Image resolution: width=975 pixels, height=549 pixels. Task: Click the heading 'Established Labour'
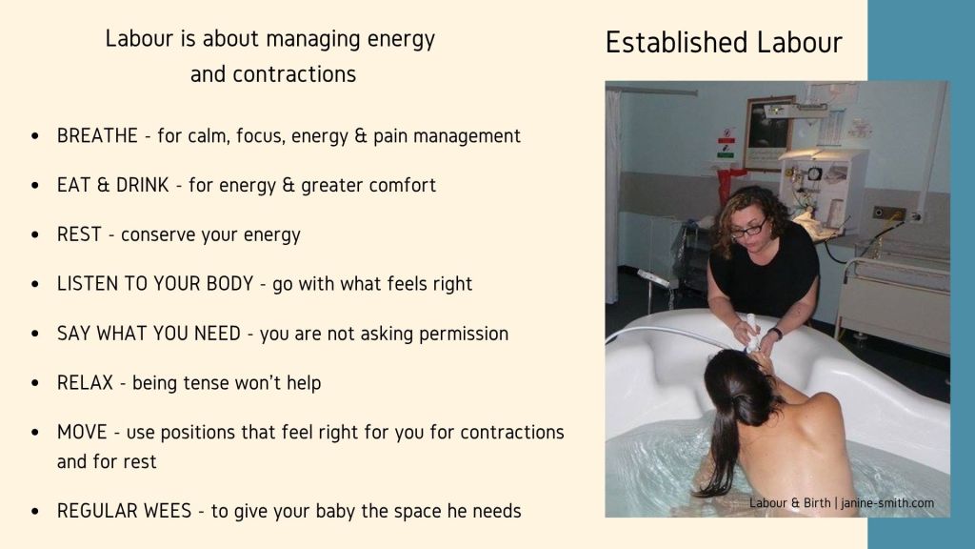(724, 42)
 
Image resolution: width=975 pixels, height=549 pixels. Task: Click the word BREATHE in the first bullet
(97, 135)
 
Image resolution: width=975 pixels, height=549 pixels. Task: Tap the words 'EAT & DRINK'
(112, 185)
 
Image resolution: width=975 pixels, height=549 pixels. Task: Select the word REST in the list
(79, 234)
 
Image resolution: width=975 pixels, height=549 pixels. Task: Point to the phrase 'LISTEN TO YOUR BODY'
(155, 283)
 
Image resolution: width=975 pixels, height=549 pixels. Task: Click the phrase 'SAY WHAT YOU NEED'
(149, 333)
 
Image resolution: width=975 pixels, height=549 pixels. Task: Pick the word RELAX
(85, 382)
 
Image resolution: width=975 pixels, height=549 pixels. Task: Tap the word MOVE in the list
(82, 432)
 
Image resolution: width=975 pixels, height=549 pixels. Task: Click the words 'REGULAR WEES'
(125, 511)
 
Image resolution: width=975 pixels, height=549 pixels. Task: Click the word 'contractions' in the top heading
(294, 74)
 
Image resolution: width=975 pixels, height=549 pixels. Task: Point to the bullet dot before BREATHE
(35, 136)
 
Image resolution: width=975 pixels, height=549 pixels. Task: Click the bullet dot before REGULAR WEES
(35, 511)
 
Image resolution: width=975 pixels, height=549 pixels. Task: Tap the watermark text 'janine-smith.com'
(887, 503)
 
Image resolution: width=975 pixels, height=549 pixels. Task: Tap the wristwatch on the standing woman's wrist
(775, 333)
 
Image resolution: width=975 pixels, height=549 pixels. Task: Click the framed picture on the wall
(768, 132)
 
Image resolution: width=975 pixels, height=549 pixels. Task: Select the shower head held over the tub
(751, 333)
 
